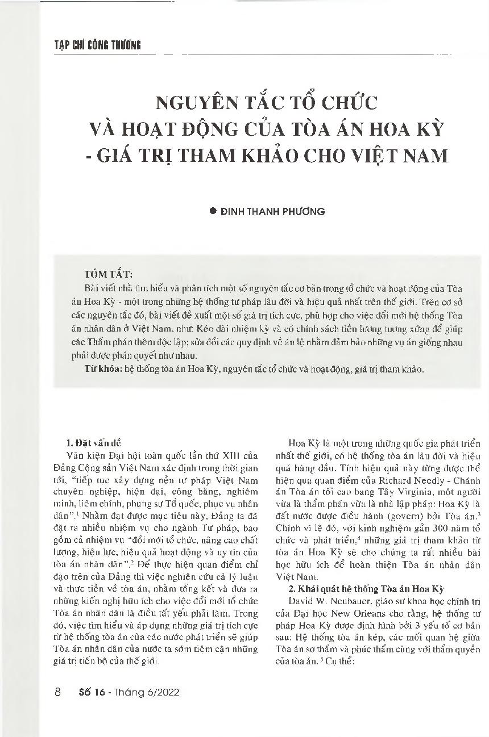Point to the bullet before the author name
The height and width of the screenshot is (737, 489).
214,211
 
